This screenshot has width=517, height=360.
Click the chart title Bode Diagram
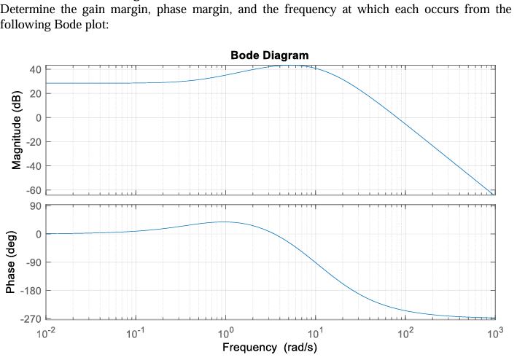coord(269,55)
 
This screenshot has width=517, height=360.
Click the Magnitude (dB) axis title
coord(17,129)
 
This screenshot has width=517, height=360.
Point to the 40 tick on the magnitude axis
coord(35,70)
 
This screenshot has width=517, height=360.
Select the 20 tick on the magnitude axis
coord(35,94)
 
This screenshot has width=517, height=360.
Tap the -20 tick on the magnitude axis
coord(33,142)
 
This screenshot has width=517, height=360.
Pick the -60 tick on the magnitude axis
coord(33,190)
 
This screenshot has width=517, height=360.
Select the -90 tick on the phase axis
coord(33,262)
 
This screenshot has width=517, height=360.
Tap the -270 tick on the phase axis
coord(31,319)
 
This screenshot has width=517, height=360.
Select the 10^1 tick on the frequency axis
coord(315,332)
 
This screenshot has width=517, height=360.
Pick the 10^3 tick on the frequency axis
coord(494,332)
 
